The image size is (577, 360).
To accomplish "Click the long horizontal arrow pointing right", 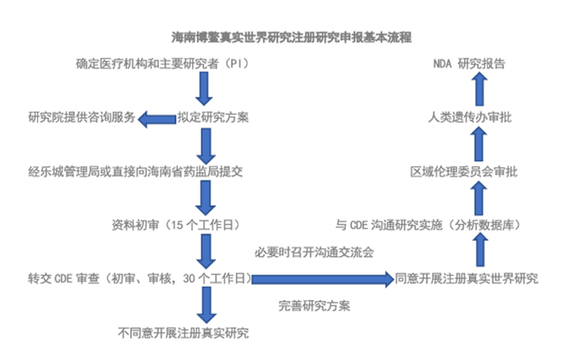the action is pos(321,279).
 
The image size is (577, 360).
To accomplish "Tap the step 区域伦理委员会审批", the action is pos(467,171).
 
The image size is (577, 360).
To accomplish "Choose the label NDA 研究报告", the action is pos(470,63).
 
